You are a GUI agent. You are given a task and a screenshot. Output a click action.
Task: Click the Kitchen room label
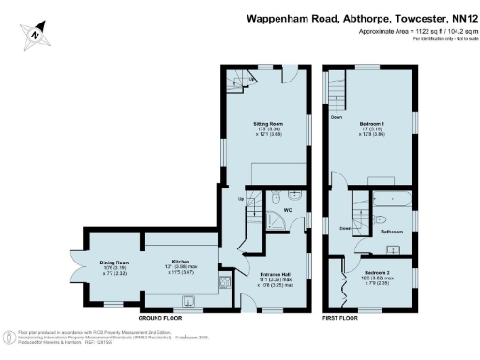click(x=181, y=262)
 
